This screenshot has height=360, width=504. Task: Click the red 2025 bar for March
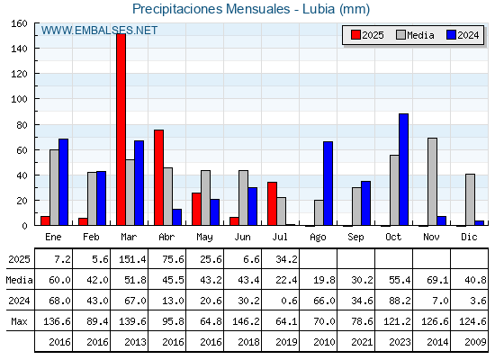121,130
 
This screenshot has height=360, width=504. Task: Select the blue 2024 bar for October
404,169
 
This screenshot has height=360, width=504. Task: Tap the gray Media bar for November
432,182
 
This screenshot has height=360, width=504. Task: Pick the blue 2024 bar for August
328,184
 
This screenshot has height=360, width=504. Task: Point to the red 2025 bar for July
272,203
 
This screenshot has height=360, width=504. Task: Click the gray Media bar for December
470,200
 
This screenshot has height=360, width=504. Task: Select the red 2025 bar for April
158,177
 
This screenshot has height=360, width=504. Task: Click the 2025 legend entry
367,35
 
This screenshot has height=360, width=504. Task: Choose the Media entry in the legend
415,35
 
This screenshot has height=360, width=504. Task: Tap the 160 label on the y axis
19,23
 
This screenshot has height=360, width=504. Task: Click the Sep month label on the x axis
355,237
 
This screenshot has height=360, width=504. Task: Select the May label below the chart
205,237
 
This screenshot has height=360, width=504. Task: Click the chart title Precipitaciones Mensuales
211,9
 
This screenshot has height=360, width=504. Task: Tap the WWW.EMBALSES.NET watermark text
99,31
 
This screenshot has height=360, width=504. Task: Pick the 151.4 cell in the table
132,259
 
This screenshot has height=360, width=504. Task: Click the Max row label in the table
19,321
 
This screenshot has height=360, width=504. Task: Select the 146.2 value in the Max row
246,321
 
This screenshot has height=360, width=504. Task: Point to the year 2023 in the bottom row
400,342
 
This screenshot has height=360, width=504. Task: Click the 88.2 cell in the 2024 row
400,301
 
